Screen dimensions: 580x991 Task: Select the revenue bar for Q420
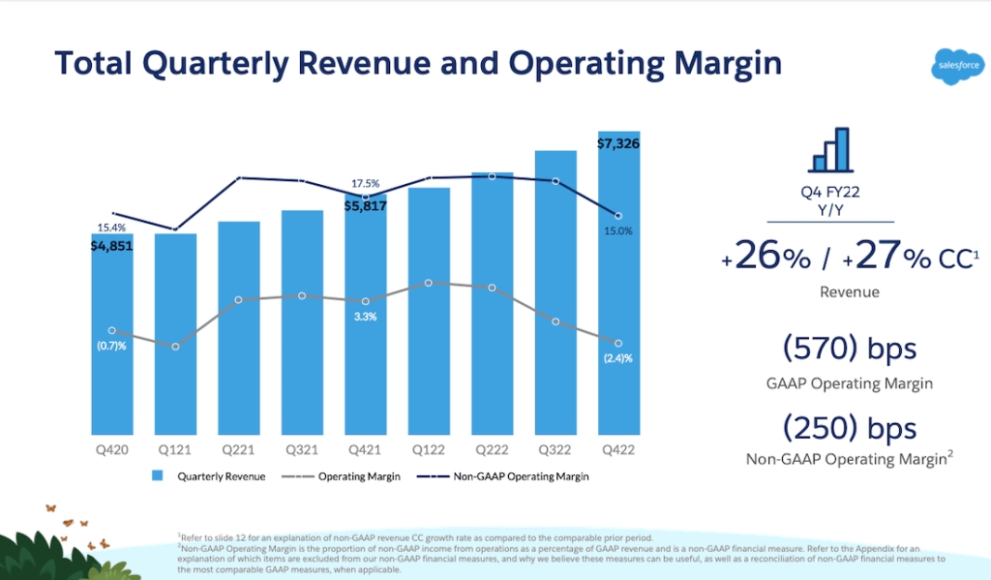112,339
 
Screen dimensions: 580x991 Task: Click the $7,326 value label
619,143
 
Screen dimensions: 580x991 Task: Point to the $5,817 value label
366,205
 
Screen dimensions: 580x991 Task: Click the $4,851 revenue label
112,246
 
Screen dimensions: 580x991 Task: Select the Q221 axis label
239,449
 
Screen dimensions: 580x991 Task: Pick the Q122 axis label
429,449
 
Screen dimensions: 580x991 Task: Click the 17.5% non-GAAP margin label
366,184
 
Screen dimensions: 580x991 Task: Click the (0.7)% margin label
111,347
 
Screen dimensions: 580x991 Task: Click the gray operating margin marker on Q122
429,283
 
